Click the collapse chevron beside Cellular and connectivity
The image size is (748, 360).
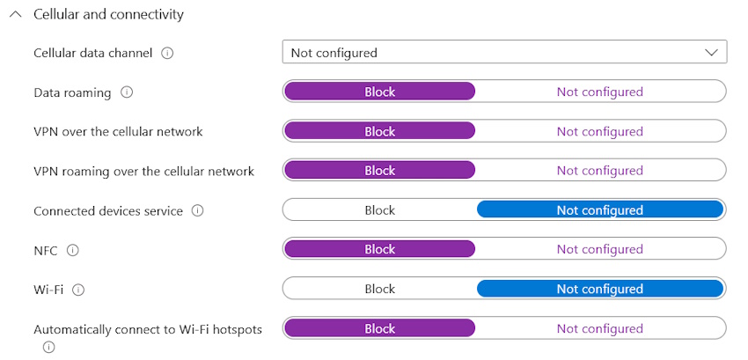pos(15,15)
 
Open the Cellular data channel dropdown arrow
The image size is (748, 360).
pos(711,53)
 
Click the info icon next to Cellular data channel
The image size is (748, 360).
pos(167,53)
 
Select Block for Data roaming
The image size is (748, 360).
pos(379,92)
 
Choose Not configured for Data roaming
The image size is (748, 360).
pos(599,92)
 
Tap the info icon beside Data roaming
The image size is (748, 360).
pos(127,92)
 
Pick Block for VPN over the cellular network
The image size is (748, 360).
pos(379,131)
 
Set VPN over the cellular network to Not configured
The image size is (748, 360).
pos(599,131)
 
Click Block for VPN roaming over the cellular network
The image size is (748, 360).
pos(379,171)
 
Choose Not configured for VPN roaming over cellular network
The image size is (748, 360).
pos(599,171)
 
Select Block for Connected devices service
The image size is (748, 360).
pos(379,210)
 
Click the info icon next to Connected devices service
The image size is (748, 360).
pos(197,210)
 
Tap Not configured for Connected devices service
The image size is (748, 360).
pos(599,210)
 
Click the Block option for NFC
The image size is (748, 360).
pos(379,249)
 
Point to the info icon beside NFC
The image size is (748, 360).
pos(72,250)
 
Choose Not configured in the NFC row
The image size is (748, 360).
pos(599,249)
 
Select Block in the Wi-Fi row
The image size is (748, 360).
pos(379,289)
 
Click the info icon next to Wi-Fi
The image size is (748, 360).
pos(78,289)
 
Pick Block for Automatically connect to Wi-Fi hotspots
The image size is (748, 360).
pos(379,328)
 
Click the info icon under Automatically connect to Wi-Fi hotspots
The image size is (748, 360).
pos(48,347)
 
